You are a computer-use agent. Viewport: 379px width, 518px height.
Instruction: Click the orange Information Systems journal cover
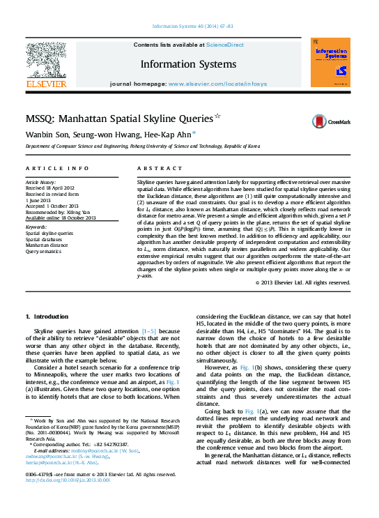pyautogui.click(x=330, y=63)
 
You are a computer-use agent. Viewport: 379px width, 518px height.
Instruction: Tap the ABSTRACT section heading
pyautogui.click(x=155, y=169)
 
